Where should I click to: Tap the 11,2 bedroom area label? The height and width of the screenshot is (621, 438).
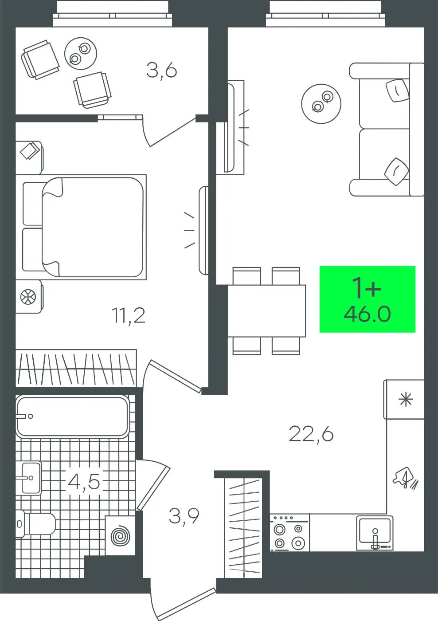[x=129, y=316]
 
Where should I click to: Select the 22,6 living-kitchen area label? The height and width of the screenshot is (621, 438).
[x=311, y=434]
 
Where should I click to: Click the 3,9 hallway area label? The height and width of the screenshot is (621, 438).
[x=184, y=516]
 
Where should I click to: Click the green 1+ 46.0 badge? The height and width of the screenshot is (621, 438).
[x=368, y=299]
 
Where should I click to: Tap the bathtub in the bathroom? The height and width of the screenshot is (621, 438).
[x=72, y=417]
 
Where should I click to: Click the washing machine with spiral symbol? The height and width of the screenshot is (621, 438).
[x=120, y=536]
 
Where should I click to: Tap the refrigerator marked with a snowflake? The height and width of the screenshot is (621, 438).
[x=404, y=400]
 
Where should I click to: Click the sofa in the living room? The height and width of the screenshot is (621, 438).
[x=387, y=130]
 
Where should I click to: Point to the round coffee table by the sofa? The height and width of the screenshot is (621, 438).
[x=321, y=104]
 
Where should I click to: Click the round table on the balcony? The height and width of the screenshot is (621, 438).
[x=81, y=54]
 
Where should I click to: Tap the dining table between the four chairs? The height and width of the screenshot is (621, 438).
[x=266, y=311]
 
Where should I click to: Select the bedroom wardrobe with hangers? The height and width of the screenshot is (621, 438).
[x=76, y=368]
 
